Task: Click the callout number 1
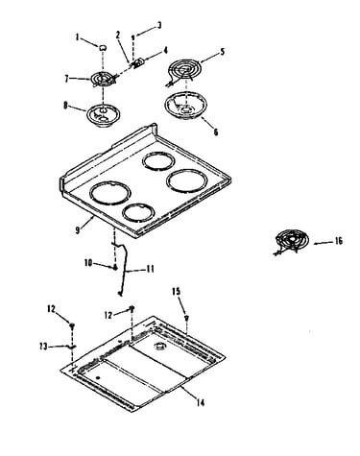(x=77, y=37)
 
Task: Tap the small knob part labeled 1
(x=103, y=48)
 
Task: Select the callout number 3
(x=159, y=26)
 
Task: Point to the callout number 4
(x=165, y=51)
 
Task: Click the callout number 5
(x=223, y=52)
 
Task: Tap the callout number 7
(x=66, y=79)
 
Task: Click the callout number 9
(x=78, y=230)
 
